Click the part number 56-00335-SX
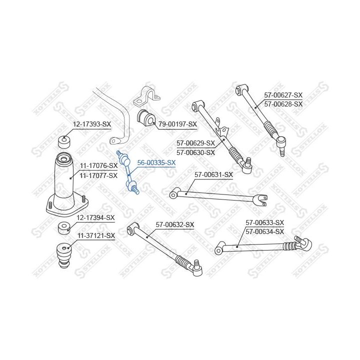click(x=156, y=163)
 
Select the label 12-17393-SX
click(x=92, y=124)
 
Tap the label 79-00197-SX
click(x=177, y=124)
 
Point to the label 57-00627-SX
click(x=283, y=95)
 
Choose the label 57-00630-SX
click(x=195, y=152)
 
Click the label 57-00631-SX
click(x=214, y=174)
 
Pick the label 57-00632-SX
click(x=175, y=224)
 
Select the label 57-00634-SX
click(x=264, y=231)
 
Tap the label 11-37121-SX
click(x=96, y=235)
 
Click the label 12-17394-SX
click(x=95, y=217)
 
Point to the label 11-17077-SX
click(x=98, y=175)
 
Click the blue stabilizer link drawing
click(x=128, y=172)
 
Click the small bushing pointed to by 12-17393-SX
click(x=64, y=142)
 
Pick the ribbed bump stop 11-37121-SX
click(x=63, y=256)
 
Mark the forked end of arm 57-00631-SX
click(x=260, y=200)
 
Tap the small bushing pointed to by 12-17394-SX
click(x=64, y=228)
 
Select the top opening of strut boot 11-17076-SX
click(x=63, y=158)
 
